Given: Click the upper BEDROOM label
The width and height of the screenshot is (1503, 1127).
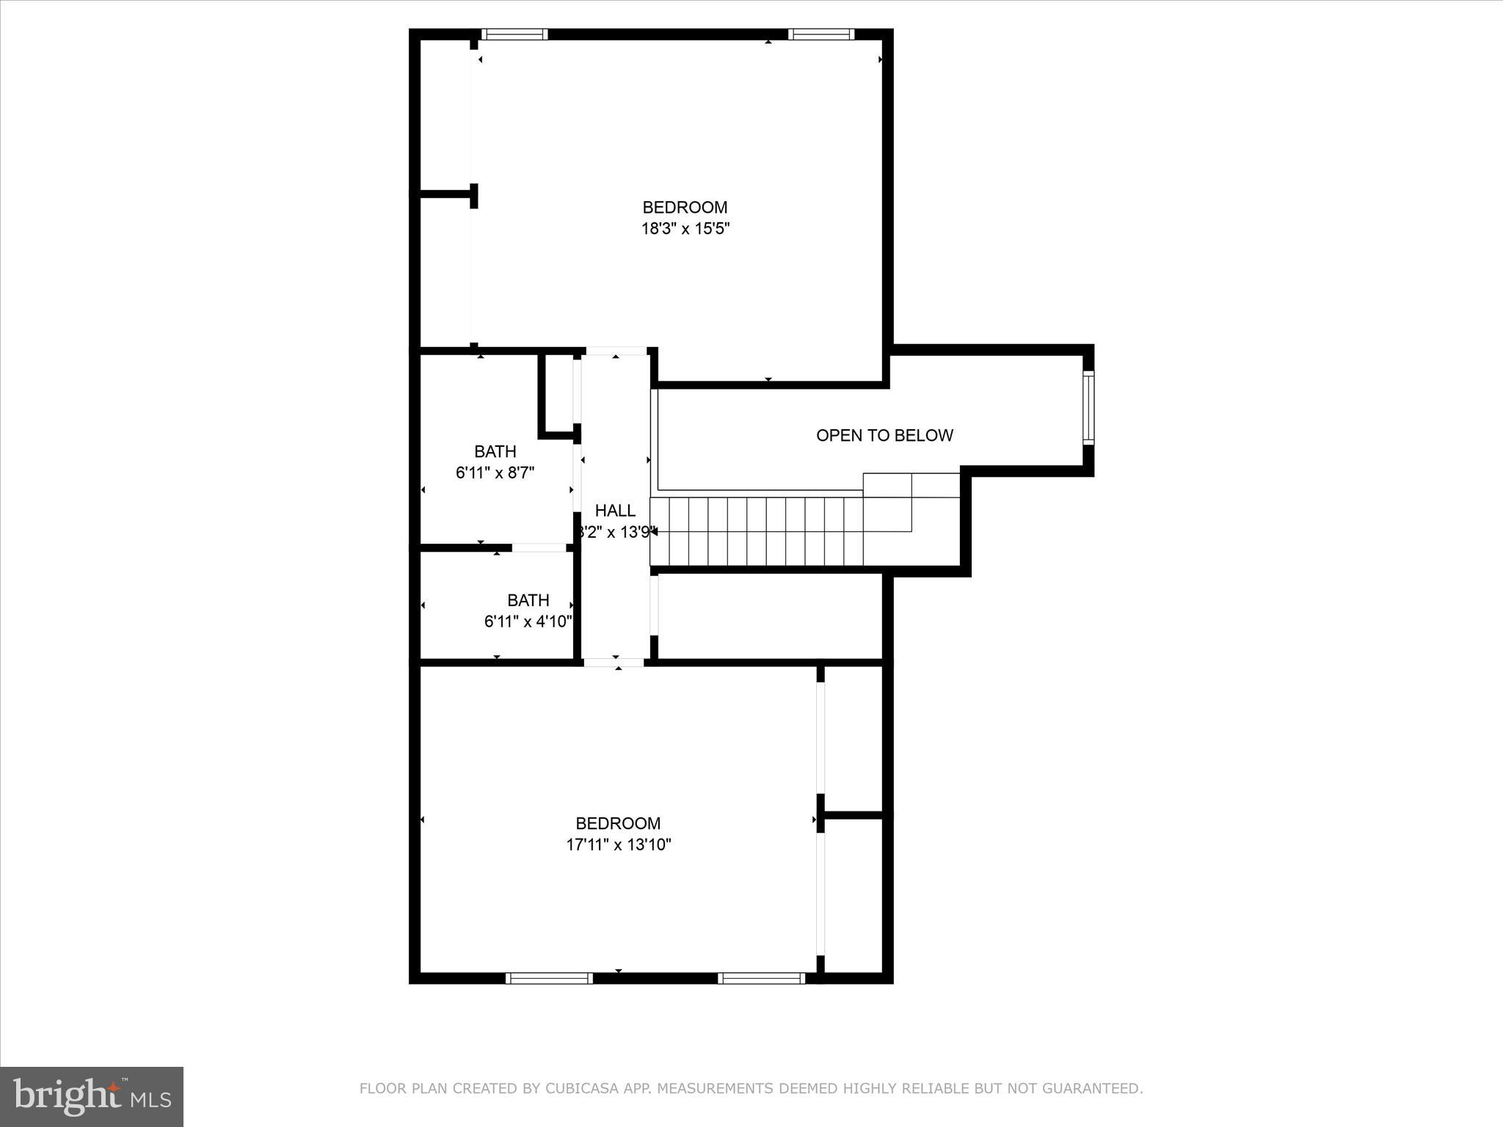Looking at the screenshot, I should click(x=685, y=208).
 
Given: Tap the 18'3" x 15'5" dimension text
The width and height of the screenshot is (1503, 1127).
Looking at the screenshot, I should click(x=685, y=229).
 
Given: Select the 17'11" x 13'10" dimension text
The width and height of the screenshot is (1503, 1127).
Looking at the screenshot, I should click(x=618, y=845).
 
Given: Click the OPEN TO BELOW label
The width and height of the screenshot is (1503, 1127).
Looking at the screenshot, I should click(x=884, y=435).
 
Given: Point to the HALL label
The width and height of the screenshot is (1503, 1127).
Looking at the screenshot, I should click(x=615, y=511).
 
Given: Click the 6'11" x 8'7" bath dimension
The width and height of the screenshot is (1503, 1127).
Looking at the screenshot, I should click(x=495, y=473).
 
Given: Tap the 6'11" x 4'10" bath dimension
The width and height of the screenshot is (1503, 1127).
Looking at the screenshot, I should click(x=528, y=621).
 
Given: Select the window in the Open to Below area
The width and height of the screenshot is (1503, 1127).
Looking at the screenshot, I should click(x=1088, y=408).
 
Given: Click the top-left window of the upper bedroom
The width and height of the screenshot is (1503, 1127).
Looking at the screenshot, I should click(x=514, y=34).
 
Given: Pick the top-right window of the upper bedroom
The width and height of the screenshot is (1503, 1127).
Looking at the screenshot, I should click(x=821, y=34).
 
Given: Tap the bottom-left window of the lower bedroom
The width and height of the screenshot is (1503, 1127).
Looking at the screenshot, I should click(x=549, y=978).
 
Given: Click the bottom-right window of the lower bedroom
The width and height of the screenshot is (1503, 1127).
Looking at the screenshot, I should click(x=761, y=978).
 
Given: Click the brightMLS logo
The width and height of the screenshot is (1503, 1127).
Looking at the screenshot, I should click(x=92, y=1097).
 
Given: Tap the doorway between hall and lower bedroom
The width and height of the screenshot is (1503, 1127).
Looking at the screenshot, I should click(x=614, y=663).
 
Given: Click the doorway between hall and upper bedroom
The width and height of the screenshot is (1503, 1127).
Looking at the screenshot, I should click(x=616, y=351).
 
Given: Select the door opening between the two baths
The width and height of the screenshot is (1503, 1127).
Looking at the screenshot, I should click(x=539, y=547).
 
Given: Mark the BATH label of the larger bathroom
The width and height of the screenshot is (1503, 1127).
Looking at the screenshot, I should click(x=495, y=451).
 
